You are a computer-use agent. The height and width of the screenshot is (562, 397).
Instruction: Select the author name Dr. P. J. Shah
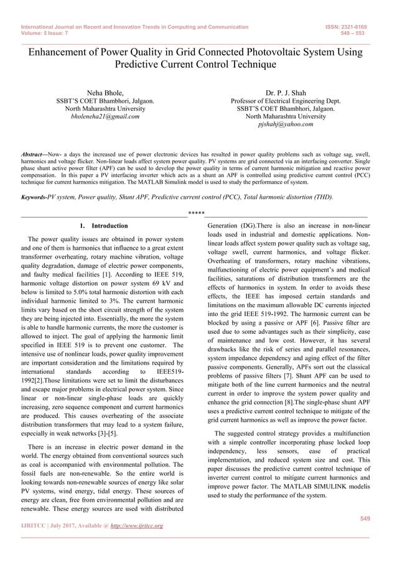tap(286, 93)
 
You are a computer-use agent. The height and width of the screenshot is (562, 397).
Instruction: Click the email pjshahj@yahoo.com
tap(286, 124)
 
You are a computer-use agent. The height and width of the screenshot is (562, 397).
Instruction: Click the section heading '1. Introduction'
tap(104, 226)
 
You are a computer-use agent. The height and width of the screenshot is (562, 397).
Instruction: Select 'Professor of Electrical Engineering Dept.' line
tap(286, 101)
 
